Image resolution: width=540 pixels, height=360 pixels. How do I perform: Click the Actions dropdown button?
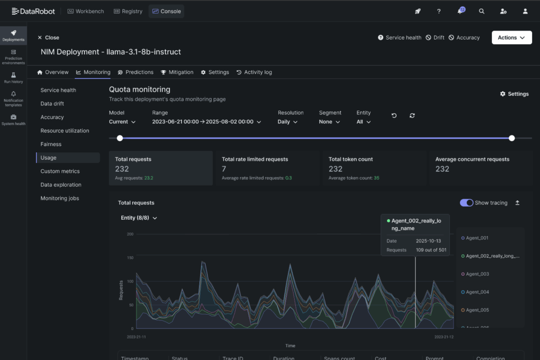pos(512,37)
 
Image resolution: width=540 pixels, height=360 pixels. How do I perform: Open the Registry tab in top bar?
pos(128,11)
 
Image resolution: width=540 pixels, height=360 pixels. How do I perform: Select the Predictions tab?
pos(136,72)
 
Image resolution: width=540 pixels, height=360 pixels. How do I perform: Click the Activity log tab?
pos(254,72)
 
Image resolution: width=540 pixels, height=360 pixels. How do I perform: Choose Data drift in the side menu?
pos(52,104)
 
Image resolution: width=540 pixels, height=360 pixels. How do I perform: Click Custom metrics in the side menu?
pos(60,171)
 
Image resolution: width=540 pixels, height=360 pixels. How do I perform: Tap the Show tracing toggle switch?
pos(466,203)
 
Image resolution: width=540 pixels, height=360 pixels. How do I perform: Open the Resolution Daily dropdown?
pos(288,122)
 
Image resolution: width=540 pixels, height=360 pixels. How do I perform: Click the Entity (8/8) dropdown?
pos(139,218)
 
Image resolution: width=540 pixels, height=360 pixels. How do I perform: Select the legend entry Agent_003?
pos(477,274)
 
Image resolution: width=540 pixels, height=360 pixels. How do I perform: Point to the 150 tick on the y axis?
pos(130,258)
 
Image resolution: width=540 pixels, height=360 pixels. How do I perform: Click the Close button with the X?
pos(48,37)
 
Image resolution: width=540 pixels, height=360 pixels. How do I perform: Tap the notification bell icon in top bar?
pos(460,11)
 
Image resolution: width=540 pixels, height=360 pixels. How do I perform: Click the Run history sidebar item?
pos(13,78)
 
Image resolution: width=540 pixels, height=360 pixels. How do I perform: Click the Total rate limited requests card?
pos(268,168)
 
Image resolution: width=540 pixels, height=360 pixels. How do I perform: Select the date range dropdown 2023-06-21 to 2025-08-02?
pos(207,122)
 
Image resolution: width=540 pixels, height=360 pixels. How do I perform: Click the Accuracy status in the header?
pos(464,37)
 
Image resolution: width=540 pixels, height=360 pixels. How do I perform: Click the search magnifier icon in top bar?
pos(481,11)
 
